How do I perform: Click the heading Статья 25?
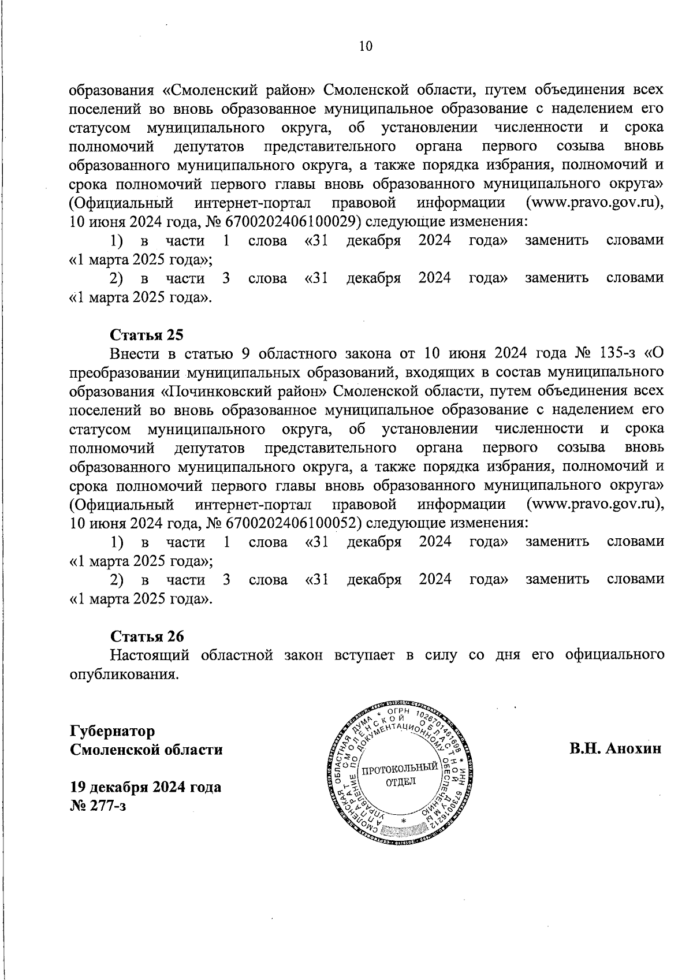(x=147, y=335)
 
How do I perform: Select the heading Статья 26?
(x=147, y=636)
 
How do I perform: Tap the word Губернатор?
(x=113, y=731)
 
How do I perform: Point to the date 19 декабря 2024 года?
(x=146, y=787)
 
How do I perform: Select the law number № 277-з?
(x=98, y=805)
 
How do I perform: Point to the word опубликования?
(x=122, y=674)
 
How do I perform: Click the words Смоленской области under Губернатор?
(x=146, y=749)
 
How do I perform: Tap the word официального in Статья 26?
(x=614, y=655)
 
